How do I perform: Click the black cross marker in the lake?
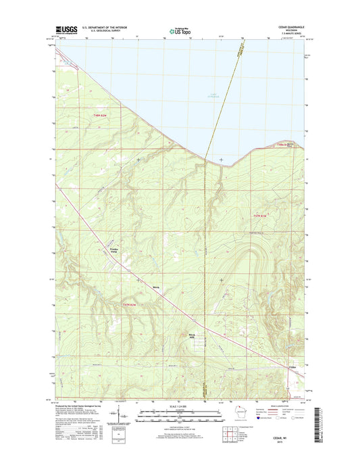[x=221, y=160]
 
